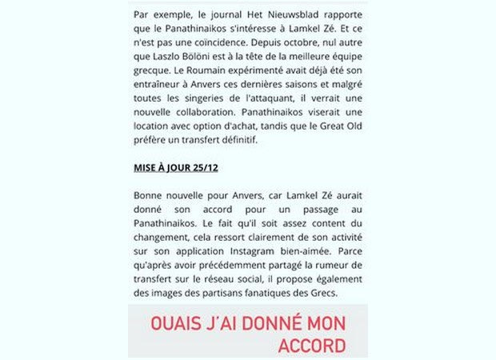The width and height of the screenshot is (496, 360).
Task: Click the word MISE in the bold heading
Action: click(146, 171)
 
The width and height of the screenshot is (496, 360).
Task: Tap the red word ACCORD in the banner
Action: click(311, 346)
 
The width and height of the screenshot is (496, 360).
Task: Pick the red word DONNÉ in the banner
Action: click(271, 324)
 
